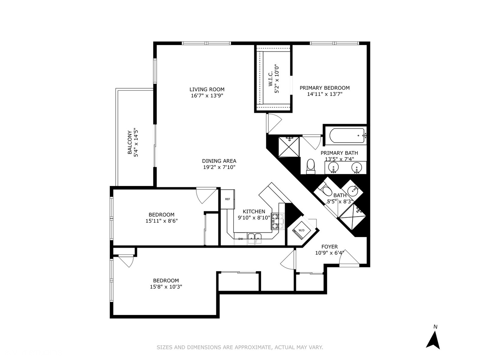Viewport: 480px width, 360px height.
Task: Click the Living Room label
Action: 207,89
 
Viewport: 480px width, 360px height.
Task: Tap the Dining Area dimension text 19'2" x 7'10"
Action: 219,167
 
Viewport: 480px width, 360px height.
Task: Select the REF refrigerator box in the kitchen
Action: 227,199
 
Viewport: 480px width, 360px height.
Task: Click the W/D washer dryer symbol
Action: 302,230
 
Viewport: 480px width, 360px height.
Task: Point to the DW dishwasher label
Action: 241,239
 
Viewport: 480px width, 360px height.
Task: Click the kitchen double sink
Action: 255,237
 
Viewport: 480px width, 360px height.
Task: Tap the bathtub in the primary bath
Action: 347,136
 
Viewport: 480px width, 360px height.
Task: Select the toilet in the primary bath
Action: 311,166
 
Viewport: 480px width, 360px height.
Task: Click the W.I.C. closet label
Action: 270,78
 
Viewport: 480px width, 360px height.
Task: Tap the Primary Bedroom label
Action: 324,88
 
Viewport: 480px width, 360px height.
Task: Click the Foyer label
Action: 329,247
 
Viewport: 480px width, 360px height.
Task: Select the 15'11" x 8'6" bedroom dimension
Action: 162,221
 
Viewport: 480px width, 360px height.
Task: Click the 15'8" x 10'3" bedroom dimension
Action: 166,287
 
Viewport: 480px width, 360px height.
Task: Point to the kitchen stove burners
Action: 275,221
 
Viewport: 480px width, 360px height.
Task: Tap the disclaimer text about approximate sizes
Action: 240,347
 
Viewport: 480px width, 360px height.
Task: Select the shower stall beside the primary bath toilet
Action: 289,147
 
